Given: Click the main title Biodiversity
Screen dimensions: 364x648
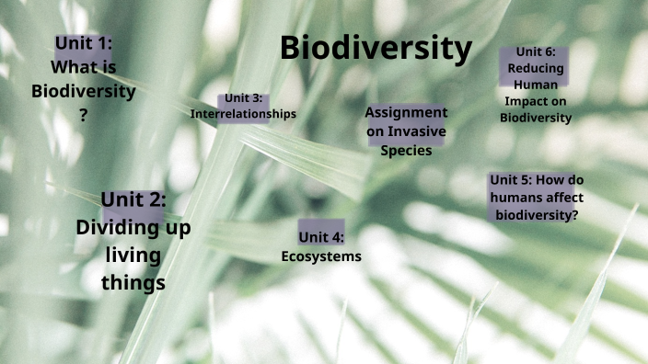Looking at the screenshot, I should tap(376, 49).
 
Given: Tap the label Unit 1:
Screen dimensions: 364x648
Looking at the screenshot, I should tap(84, 43).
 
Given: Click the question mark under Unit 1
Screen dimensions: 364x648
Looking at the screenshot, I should tap(84, 115).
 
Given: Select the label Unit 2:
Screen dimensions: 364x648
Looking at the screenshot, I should tap(133, 199).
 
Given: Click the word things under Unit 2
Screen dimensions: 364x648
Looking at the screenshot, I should tap(133, 282).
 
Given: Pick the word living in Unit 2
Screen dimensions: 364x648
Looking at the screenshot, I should tap(133, 255).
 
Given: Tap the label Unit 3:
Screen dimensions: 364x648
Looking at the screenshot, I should tap(244, 98).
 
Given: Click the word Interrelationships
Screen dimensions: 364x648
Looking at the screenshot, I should tap(243, 114).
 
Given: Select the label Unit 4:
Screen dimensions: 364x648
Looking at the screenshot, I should tap(321, 238).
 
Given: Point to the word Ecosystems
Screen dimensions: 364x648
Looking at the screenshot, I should tap(321, 256).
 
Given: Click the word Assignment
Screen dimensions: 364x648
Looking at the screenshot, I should tap(406, 112).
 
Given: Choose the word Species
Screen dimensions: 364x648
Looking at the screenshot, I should tap(406, 151).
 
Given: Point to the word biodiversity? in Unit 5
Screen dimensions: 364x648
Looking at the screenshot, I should tap(537, 215).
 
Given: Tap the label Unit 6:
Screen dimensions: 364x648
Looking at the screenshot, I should tap(536, 51).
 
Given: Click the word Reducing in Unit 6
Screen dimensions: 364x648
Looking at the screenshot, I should tap(536, 68).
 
